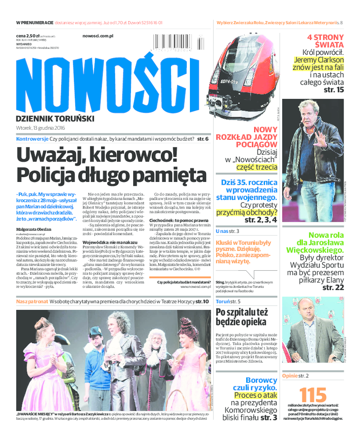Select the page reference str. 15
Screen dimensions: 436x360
coord(333,90)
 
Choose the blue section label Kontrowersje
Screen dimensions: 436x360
coord(32,139)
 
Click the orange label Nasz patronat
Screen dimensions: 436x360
coord(32,301)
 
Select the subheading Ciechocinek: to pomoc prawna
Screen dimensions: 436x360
coord(176,221)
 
